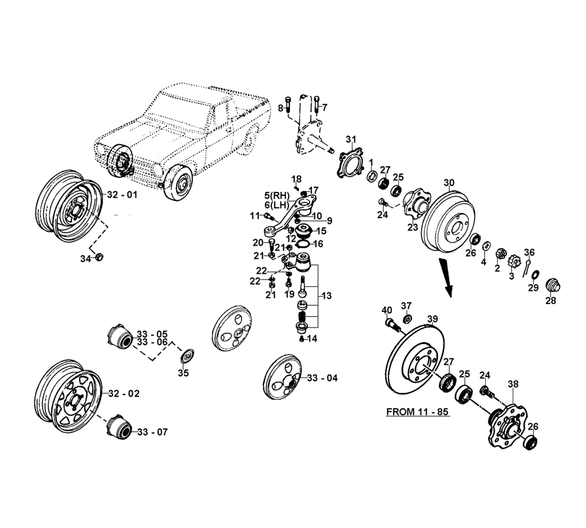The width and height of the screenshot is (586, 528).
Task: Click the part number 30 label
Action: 449,183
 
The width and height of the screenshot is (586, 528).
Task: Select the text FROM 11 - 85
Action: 418,412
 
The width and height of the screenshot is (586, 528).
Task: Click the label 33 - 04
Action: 322,378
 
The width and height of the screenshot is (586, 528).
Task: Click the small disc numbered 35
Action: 185,356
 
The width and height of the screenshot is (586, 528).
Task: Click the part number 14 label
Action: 312,338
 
